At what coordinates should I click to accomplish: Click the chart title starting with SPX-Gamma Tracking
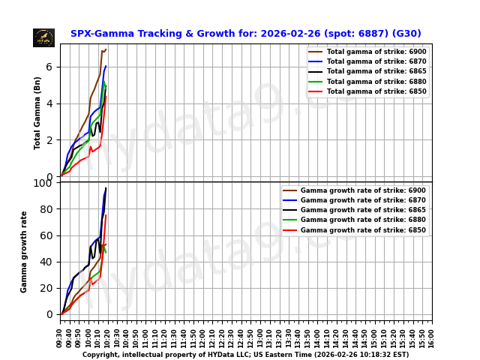(x=245, y=34)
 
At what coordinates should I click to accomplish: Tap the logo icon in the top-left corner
(x=43, y=37)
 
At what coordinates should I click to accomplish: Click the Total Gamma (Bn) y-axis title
(x=37, y=112)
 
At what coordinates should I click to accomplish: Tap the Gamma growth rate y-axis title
(x=24, y=251)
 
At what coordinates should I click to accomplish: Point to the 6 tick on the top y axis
(x=49, y=67)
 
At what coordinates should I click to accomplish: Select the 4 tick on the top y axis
(x=49, y=103)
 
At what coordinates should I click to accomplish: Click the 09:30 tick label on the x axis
(x=60, y=337)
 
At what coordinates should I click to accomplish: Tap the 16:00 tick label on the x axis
(x=432, y=337)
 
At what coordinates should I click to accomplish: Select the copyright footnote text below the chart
(x=245, y=355)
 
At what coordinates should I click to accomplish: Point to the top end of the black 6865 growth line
(x=106, y=187)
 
